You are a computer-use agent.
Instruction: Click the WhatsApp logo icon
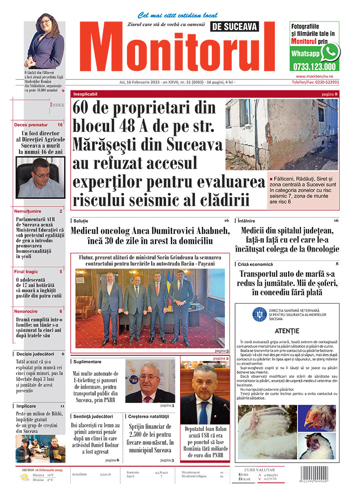point(330,51)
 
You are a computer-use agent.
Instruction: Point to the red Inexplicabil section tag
point(86,94)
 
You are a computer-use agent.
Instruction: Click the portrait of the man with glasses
point(39,177)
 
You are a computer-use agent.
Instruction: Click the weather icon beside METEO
point(24,477)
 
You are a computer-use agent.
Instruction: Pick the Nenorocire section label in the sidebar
point(26,311)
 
